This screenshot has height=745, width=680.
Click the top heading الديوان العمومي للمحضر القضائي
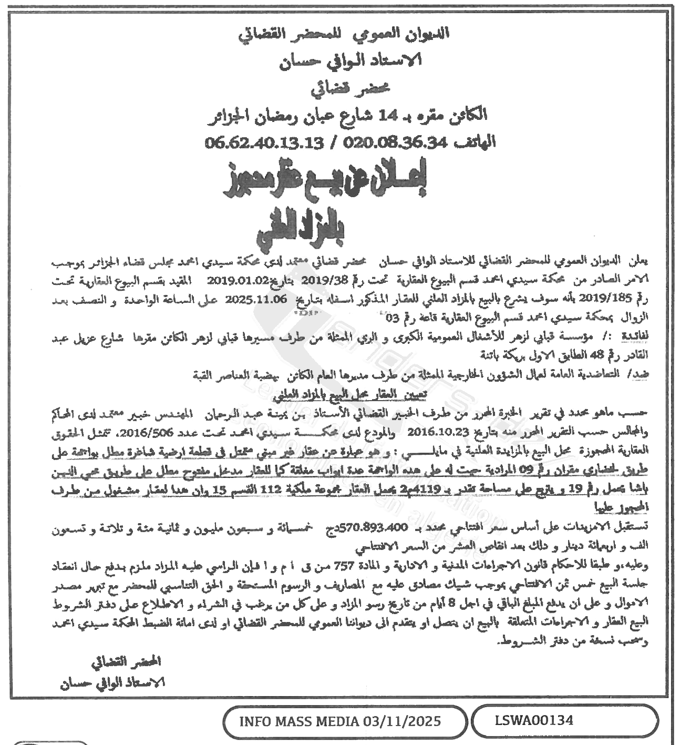click(345, 34)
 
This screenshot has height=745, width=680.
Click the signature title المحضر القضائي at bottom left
click(126, 661)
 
